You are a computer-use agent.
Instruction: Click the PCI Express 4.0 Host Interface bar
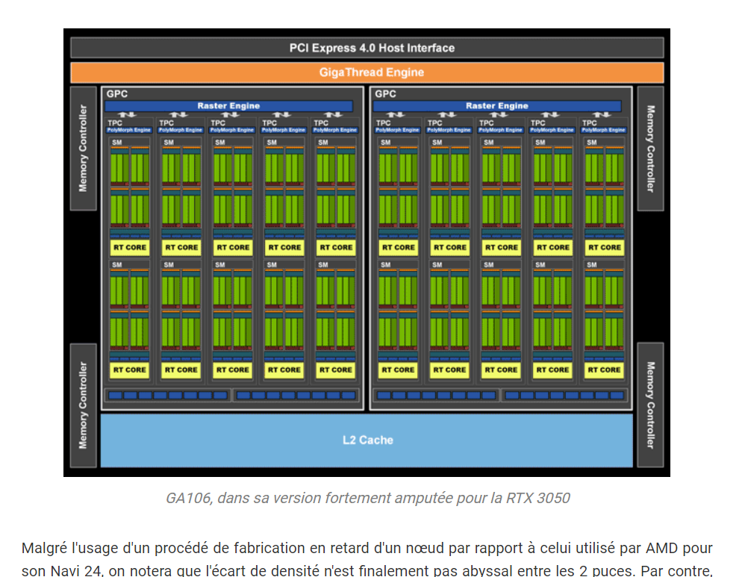(371, 48)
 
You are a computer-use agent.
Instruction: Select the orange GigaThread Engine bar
(371, 72)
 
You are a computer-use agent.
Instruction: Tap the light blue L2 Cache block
(367, 440)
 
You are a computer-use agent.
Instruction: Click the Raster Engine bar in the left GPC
(228, 106)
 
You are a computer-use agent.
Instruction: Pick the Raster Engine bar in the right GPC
(496, 106)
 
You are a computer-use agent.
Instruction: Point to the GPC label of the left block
(117, 94)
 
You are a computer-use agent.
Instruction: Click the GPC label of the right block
(385, 94)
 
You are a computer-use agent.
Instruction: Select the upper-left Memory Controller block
(83, 149)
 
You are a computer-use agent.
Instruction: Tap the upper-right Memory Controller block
(650, 149)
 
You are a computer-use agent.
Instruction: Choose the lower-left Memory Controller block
(83, 406)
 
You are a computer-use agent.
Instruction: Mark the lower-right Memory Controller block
(650, 406)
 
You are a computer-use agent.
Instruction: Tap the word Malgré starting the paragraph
(46, 549)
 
